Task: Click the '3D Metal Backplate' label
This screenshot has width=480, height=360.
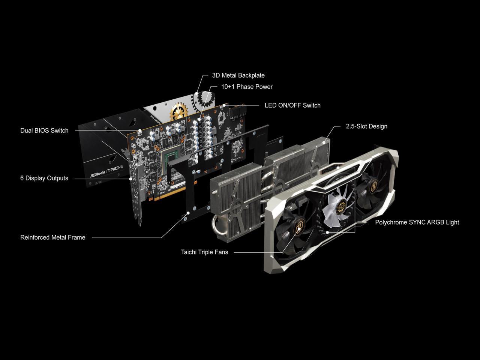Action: (x=238, y=75)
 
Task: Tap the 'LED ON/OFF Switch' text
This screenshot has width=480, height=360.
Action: (x=292, y=105)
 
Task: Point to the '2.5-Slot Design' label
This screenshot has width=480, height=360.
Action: (x=366, y=126)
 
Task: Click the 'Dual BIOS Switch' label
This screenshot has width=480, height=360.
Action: (x=44, y=130)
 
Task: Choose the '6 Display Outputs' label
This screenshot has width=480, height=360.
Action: (x=44, y=178)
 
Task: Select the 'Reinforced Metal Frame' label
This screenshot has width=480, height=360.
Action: (x=52, y=237)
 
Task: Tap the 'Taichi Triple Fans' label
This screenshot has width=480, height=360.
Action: (x=204, y=252)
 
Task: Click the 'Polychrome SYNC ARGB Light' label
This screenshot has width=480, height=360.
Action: (x=417, y=222)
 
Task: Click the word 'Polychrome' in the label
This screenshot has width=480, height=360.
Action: (x=391, y=222)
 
